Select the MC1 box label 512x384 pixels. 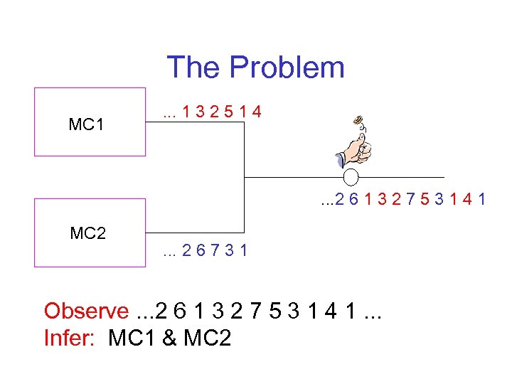[87, 125]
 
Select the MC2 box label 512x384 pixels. [88, 233]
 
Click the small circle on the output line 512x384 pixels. [353, 177]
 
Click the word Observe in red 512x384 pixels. [85, 311]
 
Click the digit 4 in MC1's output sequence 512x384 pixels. [255, 112]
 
